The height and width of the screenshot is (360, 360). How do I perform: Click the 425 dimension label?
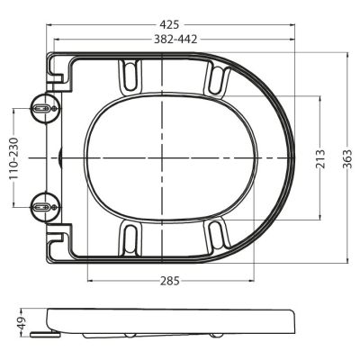(169, 24)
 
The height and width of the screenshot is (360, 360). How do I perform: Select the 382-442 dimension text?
(175, 39)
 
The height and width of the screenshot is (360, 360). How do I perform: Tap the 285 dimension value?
(169, 281)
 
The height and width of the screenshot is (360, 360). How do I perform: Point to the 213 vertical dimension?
(320, 158)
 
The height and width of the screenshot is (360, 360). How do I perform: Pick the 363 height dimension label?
(347, 158)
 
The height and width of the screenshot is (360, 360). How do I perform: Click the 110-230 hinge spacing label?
(13, 158)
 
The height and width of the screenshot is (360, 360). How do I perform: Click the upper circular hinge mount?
(45, 108)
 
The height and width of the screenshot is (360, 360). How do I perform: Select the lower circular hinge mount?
(45, 206)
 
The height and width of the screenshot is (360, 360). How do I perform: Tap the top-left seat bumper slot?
(130, 75)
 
